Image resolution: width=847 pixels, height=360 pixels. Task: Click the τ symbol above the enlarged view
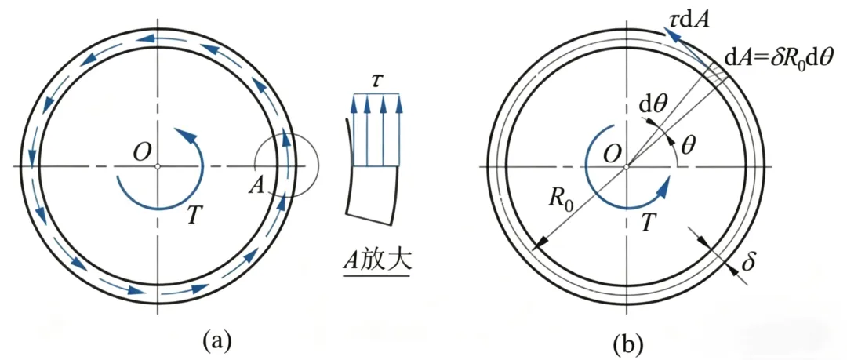click(x=376, y=80)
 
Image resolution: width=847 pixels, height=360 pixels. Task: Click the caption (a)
click(x=218, y=341)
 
